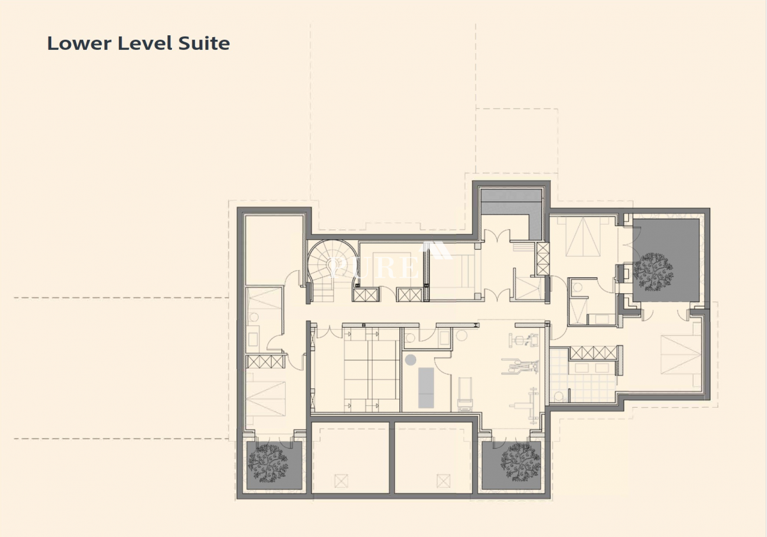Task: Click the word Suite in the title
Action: [204, 44]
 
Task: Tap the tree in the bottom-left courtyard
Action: [268, 463]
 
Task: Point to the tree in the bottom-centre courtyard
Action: [520, 462]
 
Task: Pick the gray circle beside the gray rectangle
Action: [410, 360]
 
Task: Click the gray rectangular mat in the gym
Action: [426, 388]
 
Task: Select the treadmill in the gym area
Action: [465, 394]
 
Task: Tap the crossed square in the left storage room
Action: [341, 481]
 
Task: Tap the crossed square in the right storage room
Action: [444, 481]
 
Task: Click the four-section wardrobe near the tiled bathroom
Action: [593, 353]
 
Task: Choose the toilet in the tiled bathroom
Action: [559, 396]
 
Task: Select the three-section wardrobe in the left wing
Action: [265, 362]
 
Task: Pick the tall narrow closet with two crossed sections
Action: [543, 259]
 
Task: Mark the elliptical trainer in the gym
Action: [520, 365]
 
